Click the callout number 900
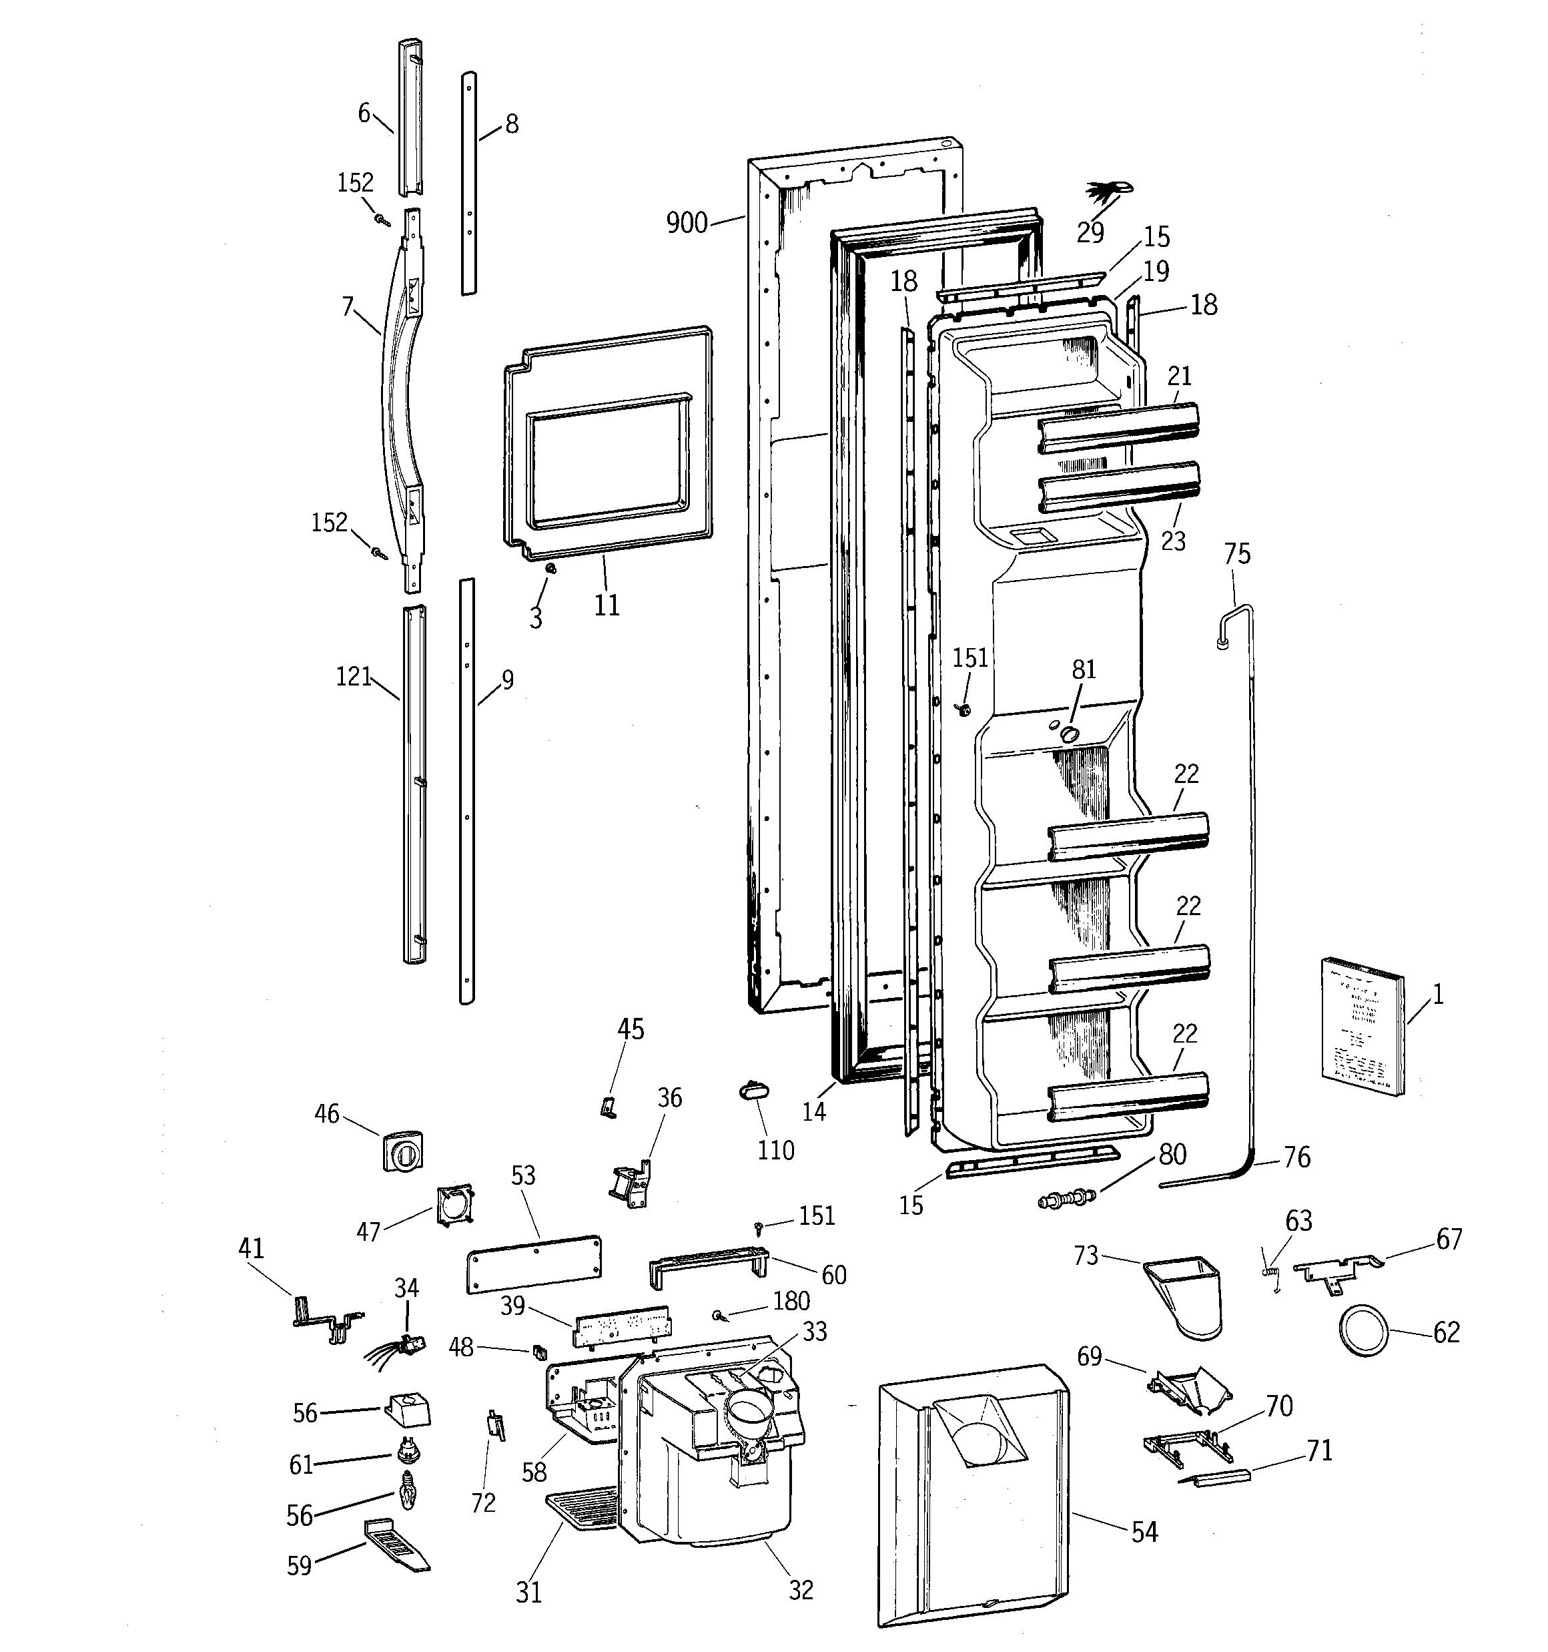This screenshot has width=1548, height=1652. click(687, 223)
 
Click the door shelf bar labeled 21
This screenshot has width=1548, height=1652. click(1118, 427)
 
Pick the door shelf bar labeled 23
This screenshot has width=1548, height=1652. click(1118, 486)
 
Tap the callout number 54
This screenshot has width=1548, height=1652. click(1144, 1531)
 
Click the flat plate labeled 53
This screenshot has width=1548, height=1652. click(533, 1264)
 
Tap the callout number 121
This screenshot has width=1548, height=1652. click(353, 677)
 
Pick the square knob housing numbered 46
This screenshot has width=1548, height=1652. click(403, 1151)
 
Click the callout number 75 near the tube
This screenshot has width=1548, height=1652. click(1236, 553)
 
